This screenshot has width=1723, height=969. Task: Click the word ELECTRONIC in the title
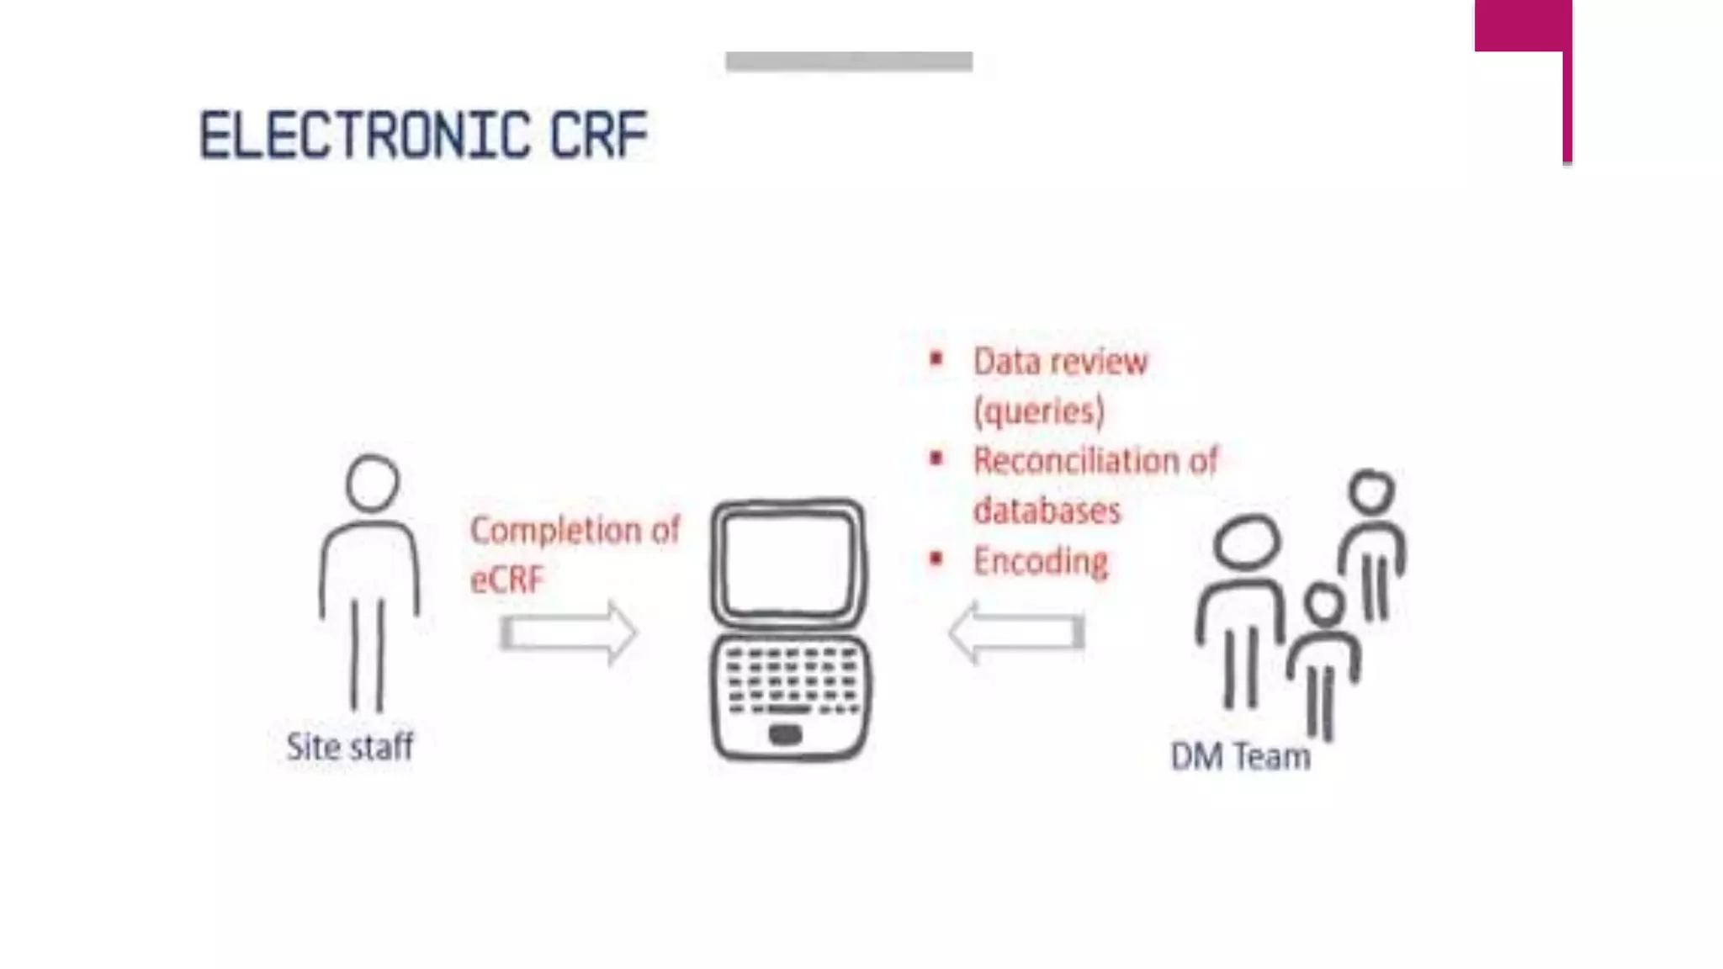pos(365,135)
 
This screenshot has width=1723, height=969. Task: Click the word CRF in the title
pos(599,135)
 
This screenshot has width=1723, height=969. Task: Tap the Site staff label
pos(350,747)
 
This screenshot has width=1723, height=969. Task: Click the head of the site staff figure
pos(372,483)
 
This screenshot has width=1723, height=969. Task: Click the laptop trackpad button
pos(785,734)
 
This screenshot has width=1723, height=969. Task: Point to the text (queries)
pos(1039,411)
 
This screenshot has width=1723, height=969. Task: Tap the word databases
pos(1047,511)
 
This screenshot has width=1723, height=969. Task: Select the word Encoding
pos(1041,561)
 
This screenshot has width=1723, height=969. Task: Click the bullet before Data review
pos(936,360)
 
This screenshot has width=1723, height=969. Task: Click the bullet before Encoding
pos(936,559)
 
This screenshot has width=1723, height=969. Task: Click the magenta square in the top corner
pos(1523,25)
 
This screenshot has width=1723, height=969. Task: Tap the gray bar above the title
pos(849,61)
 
